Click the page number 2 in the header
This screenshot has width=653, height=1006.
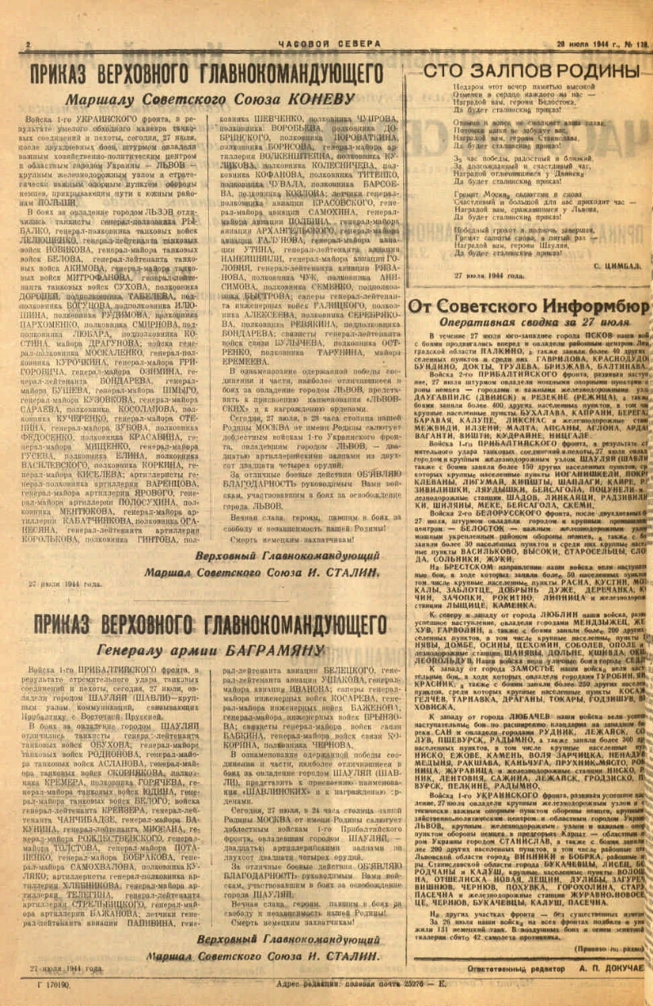pyautogui.click(x=29, y=45)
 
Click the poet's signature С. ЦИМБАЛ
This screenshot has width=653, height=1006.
pyautogui.click(x=616, y=265)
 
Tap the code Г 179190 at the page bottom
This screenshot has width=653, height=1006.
pyautogui.click(x=54, y=984)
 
